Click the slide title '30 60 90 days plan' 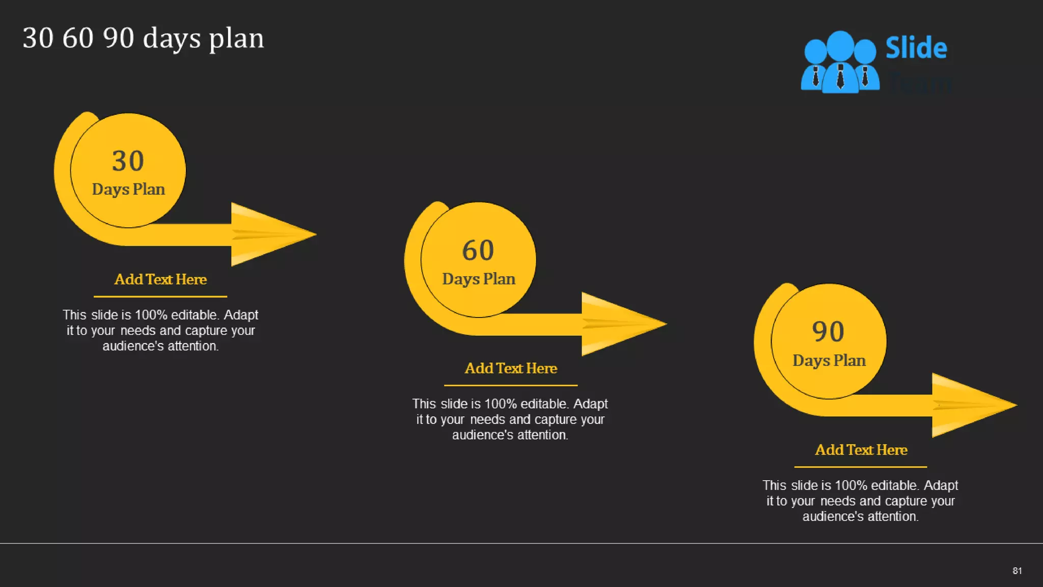coord(143,38)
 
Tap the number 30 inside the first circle coord(128,161)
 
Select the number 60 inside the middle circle coord(478,250)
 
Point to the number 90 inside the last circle coord(828,332)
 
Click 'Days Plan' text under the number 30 coord(128,190)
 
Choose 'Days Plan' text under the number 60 coord(479,279)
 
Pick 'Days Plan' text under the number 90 coord(829,361)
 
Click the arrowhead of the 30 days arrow coord(270,234)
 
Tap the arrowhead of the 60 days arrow coord(620,324)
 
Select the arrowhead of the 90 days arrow coord(971,405)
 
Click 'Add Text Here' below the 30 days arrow coord(160,279)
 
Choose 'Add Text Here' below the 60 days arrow coord(511,368)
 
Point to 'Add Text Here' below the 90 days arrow coord(861,450)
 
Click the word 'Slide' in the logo coord(916,48)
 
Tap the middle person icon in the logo coord(840,61)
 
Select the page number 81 coord(1017,571)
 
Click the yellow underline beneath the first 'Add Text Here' coord(160,296)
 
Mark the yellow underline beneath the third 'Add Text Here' coord(861,467)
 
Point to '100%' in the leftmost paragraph coord(151,315)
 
